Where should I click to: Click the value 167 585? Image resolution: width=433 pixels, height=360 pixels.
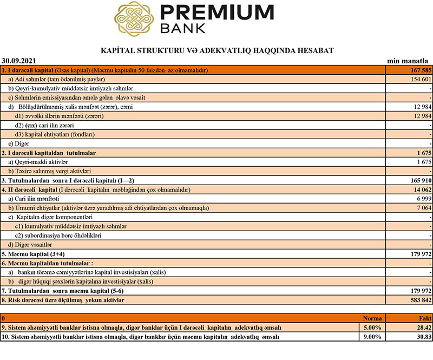tap(418, 70)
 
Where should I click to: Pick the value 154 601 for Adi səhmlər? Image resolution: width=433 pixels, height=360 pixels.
tap(418, 79)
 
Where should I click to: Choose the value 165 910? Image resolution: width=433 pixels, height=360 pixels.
tap(418, 180)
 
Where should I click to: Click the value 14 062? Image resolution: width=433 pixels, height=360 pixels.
tap(419, 189)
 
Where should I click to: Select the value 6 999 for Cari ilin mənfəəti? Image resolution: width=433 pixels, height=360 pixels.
tap(422, 199)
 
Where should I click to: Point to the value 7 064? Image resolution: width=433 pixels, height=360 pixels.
tap(422, 208)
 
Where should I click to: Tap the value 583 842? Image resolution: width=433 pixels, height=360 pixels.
tap(418, 300)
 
